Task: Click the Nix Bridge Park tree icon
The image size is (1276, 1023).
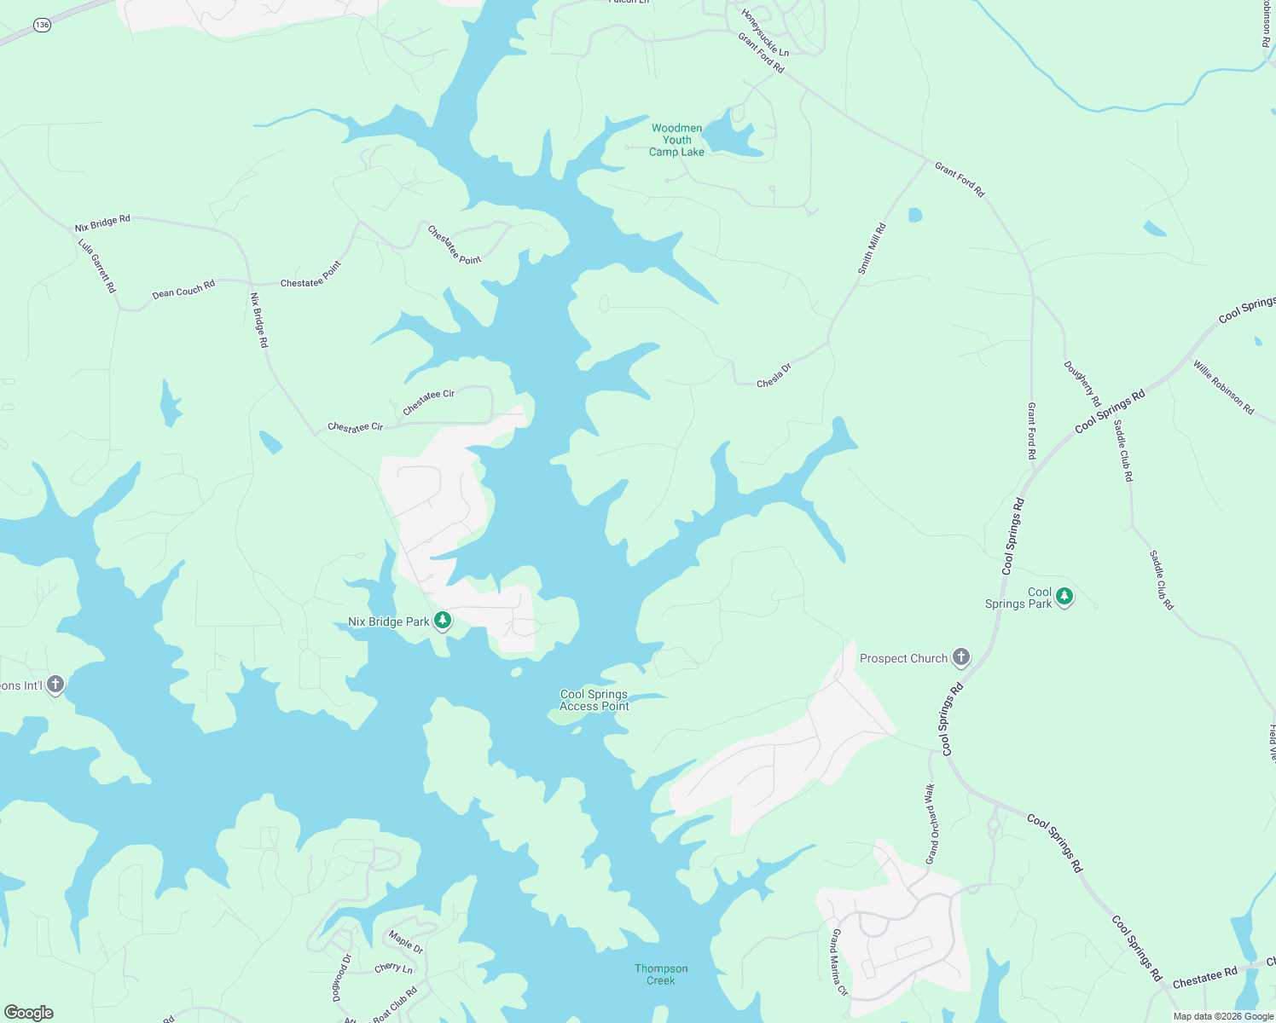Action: point(443,621)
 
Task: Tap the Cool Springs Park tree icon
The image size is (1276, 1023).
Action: point(1064,596)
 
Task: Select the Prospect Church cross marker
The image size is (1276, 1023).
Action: point(961,657)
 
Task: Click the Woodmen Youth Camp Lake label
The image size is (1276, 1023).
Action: point(677,140)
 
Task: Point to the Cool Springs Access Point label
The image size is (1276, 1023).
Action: point(594,700)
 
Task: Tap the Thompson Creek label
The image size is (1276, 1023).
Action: point(661,974)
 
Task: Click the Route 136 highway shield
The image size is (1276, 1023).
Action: point(43,26)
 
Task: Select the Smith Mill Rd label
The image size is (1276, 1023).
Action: point(872,249)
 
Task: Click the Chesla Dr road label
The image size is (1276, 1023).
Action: point(774,376)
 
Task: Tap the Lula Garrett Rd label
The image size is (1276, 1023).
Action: point(97,266)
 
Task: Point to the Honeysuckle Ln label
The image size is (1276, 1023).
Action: point(765,33)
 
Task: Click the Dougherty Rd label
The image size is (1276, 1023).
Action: point(1082,384)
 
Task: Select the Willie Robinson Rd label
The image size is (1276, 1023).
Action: point(1224,388)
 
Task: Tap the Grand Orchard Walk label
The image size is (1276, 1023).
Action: point(931,824)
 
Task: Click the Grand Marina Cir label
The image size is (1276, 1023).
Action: point(839,963)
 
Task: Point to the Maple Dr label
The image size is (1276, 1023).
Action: point(406,942)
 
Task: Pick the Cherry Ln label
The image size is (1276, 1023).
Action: point(393,968)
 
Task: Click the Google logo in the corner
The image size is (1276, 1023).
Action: point(28,1013)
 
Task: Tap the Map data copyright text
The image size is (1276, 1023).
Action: point(1223,1016)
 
